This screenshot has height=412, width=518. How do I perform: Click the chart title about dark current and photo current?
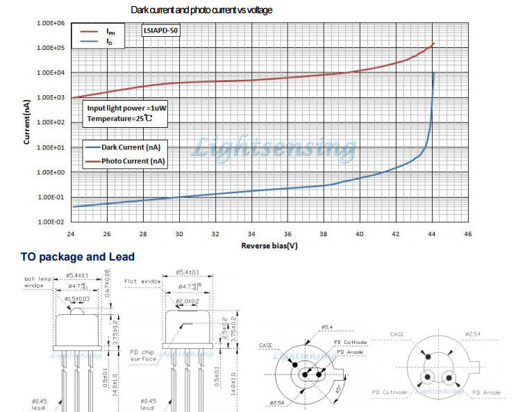(x=201, y=10)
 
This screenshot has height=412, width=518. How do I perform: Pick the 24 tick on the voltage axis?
(x=72, y=234)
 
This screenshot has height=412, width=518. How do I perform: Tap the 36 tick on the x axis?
(x=287, y=234)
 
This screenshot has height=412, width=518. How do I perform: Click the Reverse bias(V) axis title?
(x=269, y=246)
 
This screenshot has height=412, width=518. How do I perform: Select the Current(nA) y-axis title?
(x=26, y=122)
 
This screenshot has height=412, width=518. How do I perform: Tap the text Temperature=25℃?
(x=118, y=120)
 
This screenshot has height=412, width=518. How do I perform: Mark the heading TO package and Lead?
(x=77, y=257)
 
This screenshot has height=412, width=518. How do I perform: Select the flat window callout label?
(x=141, y=281)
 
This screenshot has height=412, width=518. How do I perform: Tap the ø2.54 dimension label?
(x=473, y=334)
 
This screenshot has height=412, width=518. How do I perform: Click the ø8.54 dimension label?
(x=278, y=402)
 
